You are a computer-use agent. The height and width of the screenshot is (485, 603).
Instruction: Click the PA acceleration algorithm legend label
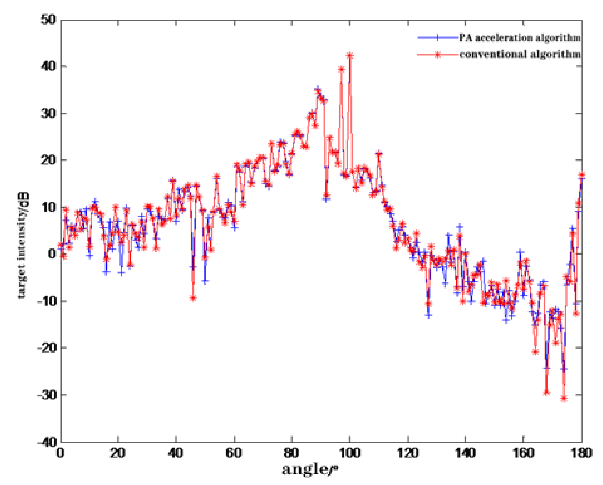click(x=520, y=38)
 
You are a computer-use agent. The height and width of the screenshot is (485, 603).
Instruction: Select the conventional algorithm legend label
click(x=520, y=54)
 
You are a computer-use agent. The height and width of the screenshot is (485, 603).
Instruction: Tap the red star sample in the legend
click(x=437, y=54)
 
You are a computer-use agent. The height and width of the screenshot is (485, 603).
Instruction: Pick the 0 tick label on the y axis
click(x=52, y=254)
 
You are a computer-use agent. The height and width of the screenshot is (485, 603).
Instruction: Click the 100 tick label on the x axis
click(x=350, y=453)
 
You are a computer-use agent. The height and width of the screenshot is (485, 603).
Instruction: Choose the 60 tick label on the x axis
click(x=234, y=453)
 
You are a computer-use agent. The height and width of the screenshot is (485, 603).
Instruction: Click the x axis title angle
click(x=310, y=469)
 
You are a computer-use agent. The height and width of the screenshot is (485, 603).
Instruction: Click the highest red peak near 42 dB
click(x=350, y=56)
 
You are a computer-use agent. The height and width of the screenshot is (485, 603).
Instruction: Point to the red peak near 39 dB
click(x=341, y=69)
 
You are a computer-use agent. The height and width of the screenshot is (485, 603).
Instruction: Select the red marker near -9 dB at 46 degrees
click(x=193, y=298)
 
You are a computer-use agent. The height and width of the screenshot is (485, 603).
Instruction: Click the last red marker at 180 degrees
click(x=582, y=175)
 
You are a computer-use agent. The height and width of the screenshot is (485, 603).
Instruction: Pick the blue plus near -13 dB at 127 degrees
click(x=429, y=315)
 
